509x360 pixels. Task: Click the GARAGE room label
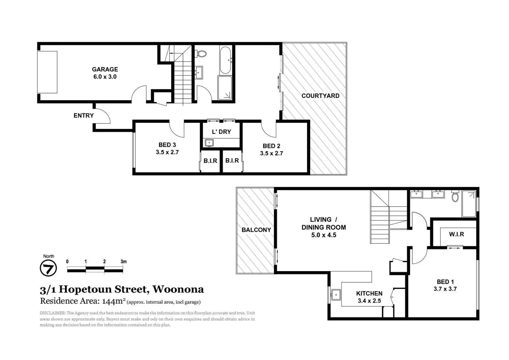105,69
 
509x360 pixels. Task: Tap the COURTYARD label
321,96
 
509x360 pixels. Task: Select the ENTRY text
84,116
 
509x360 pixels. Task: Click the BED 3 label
167,145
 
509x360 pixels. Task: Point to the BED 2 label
271,146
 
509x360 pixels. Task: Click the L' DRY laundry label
221,132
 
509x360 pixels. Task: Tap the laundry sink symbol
209,143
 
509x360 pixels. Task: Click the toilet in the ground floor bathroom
202,54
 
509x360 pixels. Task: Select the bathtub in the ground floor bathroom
225,60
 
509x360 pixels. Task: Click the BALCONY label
256,230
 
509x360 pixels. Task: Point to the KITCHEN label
369,294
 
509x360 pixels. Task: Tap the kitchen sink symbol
336,295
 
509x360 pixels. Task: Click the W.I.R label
456,234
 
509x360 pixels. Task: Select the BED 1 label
445,282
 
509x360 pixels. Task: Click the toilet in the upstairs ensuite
455,196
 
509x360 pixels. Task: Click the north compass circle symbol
48,268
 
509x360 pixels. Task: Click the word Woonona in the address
178,289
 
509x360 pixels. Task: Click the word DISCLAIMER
53,313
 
